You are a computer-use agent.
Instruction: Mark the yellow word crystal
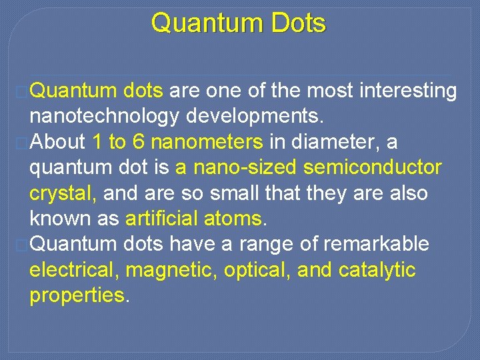(63, 193)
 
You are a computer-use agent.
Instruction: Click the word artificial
(169, 219)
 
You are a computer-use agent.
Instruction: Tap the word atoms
(241, 219)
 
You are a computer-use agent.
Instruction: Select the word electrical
(74, 270)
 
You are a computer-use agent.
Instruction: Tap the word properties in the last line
(77, 295)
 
